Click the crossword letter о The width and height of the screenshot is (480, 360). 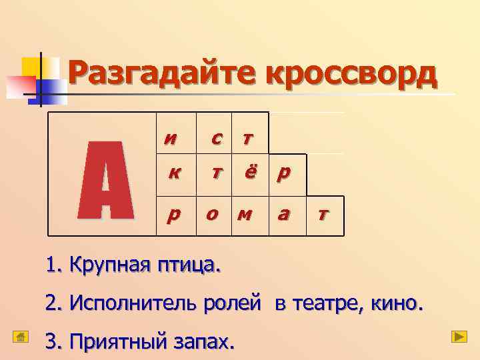coord(213,215)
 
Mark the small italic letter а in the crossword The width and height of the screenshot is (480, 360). coord(284,215)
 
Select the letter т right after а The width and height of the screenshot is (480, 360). coord(323,215)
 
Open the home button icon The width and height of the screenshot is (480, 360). coord(21,337)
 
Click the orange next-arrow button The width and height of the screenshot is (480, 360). coord(459,337)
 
